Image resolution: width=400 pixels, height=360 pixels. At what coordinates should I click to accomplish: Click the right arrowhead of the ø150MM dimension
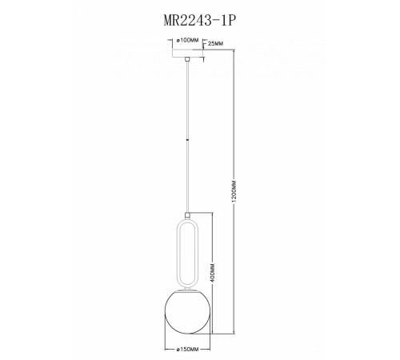(207, 342)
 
